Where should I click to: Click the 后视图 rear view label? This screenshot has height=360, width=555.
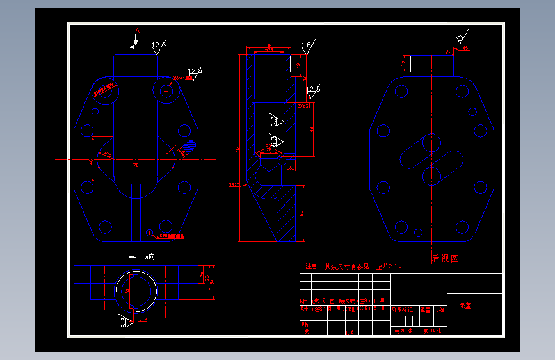(x=445, y=259)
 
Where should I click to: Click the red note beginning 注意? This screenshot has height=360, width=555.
(x=353, y=266)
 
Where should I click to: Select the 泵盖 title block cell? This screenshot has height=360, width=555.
(x=465, y=306)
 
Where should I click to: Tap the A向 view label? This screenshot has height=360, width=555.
(x=149, y=256)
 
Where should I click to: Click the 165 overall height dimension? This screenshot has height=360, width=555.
(x=239, y=148)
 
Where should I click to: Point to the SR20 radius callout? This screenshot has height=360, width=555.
(x=234, y=184)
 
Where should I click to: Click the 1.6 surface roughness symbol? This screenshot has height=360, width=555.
(x=306, y=46)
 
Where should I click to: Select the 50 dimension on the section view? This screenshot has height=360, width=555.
(x=301, y=213)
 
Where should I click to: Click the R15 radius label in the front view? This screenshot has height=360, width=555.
(x=108, y=155)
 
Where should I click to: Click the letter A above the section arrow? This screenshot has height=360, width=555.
(x=137, y=30)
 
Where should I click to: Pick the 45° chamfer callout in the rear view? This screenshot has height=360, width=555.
(x=465, y=49)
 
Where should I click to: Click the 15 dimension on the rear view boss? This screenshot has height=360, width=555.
(x=403, y=63)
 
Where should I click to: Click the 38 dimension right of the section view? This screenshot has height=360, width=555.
(x=312, y=129)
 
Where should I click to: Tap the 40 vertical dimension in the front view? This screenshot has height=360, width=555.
(x=92, y=161)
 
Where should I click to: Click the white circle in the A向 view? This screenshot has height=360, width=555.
(x=135, y=291)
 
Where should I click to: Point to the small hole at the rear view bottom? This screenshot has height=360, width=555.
(x=419, y=233)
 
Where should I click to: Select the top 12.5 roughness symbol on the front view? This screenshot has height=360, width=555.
(x=158, y=45)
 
